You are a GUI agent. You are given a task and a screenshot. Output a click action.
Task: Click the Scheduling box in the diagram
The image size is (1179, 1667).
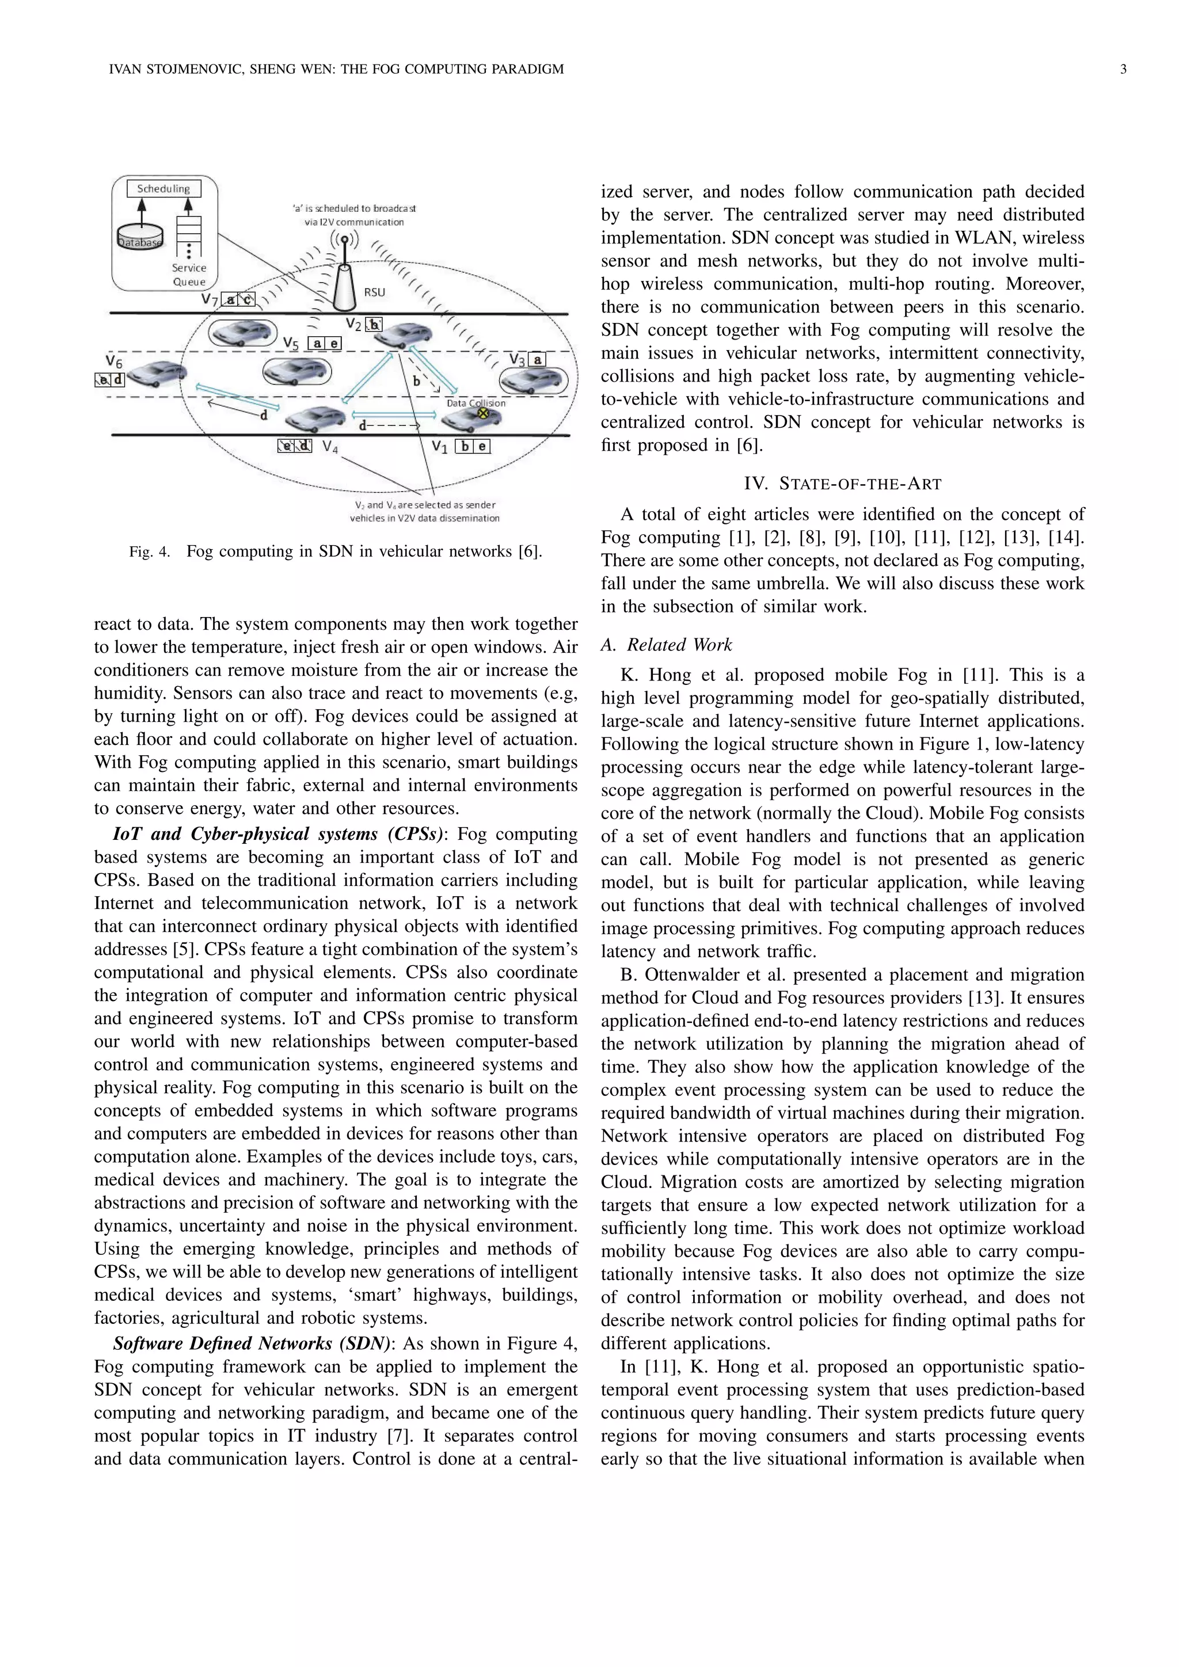[163, 189]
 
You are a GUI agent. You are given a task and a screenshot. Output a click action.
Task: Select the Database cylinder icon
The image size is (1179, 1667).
[140, 234]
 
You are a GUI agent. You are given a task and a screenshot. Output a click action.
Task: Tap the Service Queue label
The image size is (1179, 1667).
[189, 275]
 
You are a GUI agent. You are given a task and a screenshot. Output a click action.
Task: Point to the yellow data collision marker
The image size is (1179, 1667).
[481, 413]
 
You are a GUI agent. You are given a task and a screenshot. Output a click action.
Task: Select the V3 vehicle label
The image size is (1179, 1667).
[517, 359]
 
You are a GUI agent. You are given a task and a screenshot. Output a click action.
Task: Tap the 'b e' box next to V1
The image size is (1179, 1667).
[473, 447]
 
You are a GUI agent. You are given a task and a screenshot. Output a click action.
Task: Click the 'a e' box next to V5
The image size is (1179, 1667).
[325, 344]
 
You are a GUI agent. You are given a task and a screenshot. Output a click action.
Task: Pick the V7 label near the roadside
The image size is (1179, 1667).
[209, 299]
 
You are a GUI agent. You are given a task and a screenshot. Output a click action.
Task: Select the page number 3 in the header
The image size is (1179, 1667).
[1123, 70]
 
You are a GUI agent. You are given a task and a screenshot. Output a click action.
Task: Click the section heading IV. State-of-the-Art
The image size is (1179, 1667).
[842, 484]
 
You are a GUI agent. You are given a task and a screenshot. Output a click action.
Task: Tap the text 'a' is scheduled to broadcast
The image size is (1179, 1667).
[353, 208]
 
